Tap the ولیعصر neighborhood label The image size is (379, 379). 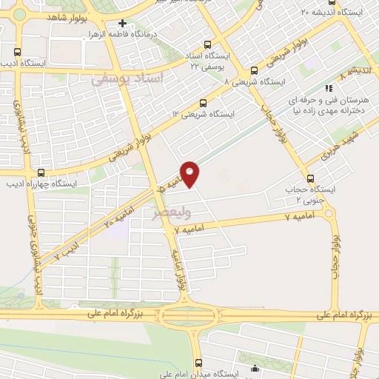(x=171, y=213)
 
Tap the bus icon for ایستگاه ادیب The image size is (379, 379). (x=18, y=52)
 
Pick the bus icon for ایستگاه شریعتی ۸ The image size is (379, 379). (x=255, y=71)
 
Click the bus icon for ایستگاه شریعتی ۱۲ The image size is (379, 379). (x=204, y=103)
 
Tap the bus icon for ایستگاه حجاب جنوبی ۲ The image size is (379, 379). (x=310, y=178)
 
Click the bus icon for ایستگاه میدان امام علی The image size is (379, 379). (x=198, y=363)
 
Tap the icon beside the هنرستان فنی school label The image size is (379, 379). (x=330, y=89)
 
